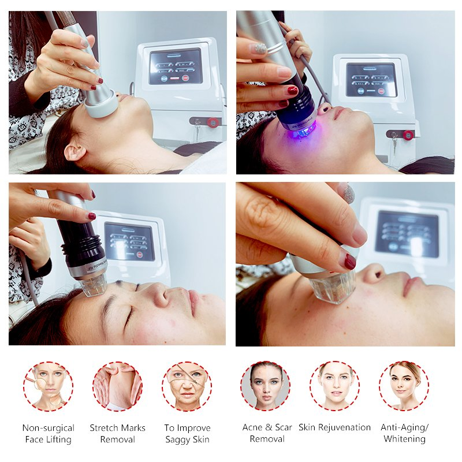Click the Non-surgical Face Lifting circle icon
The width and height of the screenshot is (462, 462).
pos(48,386)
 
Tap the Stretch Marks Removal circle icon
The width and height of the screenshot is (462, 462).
pos(117,386)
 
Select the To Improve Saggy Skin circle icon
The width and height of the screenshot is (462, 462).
pos(187,386)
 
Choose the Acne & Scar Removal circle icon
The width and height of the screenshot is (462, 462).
pos(266,386)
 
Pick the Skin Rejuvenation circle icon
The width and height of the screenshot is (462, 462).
pos(334,386)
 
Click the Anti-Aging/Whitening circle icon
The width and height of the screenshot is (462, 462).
pos(404,386)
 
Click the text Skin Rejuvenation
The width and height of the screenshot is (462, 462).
pos(334,427)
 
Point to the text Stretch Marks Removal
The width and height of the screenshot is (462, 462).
pos(117,433)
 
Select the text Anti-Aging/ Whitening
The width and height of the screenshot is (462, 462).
pos(404,433)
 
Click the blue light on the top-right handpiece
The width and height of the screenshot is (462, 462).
pos(295,131)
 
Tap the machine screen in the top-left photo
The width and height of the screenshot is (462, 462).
pos(176,66)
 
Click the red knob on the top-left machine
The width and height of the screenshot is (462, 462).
pos(213,122)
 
